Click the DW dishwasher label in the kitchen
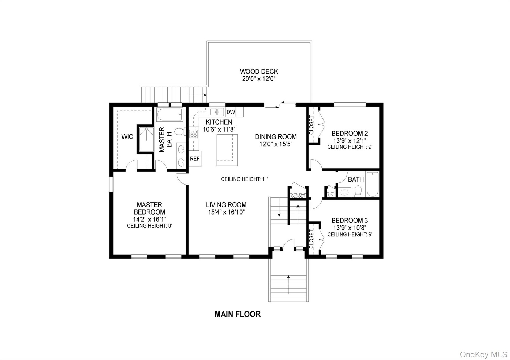pos(231,112)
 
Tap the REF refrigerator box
pos(195,159)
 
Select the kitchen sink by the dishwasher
pos(217,112)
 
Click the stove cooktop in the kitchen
pos(194,134)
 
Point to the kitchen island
pos(227,150)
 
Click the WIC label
pos(127,137)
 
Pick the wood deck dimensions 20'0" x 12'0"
pos(259,79)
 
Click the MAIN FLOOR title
pos(238,314)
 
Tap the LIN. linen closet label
pos(331,195)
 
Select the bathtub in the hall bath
pos(372,184)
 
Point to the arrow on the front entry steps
pos(288,285)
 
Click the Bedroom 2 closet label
pos(312,125)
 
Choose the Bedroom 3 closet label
pos(312,239)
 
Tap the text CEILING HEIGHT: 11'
pos(245,179)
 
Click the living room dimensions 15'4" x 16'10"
pos(226,212)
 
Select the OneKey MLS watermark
pos(483,354)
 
